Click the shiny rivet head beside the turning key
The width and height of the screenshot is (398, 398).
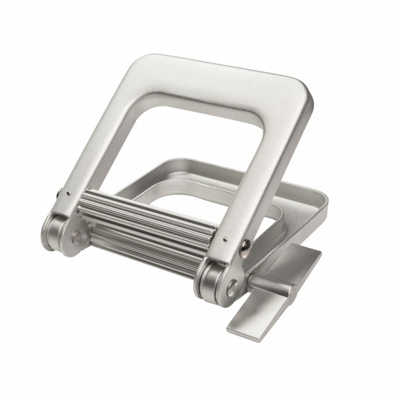246,246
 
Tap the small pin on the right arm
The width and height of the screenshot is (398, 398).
225,239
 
